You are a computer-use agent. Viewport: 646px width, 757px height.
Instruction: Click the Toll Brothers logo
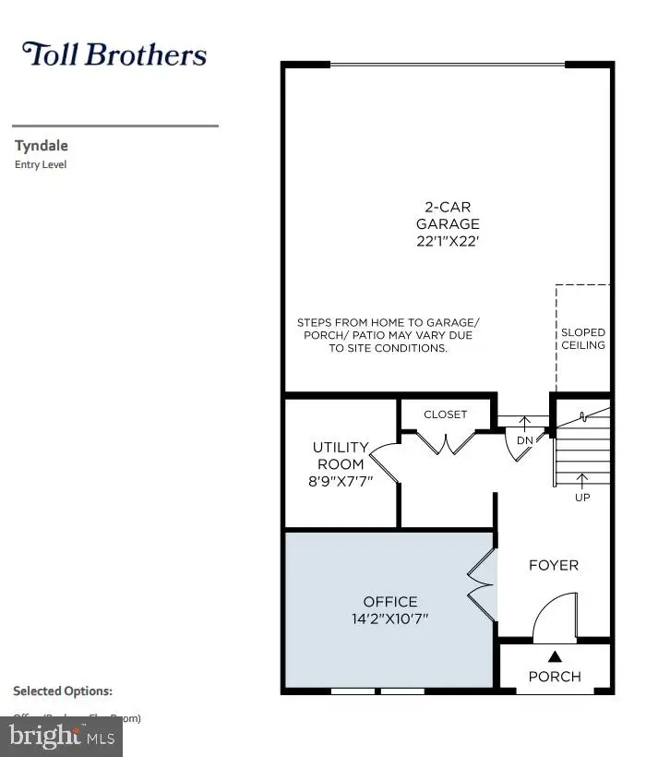click(114, 54)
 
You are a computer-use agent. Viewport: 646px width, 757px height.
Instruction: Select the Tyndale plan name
click(42, 145)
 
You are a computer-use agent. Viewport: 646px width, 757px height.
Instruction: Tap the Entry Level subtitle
click(41, 165)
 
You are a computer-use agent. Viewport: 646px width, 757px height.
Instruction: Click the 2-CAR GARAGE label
click(448, 216)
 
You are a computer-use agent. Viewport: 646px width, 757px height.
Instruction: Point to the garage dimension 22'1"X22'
click(448, 241)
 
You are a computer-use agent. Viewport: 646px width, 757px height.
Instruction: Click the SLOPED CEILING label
click(583, 338)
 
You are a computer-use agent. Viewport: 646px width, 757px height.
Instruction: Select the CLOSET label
click(446, 415)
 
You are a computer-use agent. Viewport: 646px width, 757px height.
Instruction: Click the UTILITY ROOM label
click(341, 455)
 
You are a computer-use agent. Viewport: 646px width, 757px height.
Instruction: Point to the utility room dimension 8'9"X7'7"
click(341, 480)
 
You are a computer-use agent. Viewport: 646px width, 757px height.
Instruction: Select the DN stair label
click(524, 441)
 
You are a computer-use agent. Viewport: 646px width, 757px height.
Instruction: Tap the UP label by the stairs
click(582, 497)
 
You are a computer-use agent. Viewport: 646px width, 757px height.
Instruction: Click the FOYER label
click(553, 565)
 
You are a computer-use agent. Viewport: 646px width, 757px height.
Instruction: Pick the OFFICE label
click(389, 601)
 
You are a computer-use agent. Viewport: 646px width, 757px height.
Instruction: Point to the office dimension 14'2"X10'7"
click(389, 619)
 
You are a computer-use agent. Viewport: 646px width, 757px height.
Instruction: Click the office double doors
click(483, 588)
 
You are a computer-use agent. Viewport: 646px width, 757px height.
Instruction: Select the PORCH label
click(555, 676)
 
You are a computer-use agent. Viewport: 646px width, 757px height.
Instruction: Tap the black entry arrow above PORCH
click(555, 656)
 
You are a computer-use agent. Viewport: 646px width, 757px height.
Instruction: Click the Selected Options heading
click(63, 691)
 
